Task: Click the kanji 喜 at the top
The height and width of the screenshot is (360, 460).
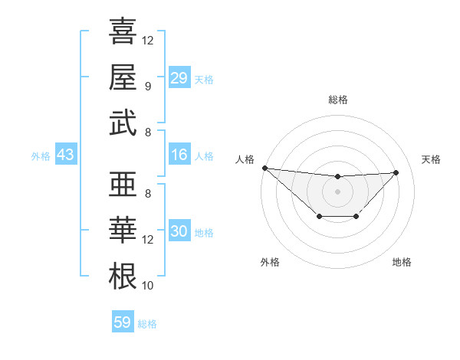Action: coord(123,32)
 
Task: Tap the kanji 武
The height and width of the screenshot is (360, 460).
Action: coord(123,123)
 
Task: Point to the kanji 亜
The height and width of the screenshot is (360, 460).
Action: coord(123,186)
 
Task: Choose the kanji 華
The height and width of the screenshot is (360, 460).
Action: coord(123,231)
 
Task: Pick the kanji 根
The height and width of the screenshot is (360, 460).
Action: coord(123,277)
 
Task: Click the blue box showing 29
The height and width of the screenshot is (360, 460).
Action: coord(179,78)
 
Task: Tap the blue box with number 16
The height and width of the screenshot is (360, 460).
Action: coord(179,155)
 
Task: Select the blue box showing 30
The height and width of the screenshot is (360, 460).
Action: coord(179,231)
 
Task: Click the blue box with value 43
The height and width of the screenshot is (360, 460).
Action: coord(65,155)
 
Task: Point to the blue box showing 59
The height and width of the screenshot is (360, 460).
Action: coord(123,322)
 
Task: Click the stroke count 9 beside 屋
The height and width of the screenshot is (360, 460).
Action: coord(147,86)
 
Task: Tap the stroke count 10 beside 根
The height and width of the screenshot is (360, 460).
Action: coord(148,286)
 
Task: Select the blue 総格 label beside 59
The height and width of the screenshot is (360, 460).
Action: coord(147,324)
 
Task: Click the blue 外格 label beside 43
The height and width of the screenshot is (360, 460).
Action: coord(41,156)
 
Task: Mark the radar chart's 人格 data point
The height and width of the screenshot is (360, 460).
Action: coord(264,167)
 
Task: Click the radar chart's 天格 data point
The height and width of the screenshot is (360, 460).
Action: coord(396,172)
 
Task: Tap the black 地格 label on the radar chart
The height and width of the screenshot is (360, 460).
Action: coord(402,262)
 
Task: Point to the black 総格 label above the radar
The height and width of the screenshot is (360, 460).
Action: coord(337,100)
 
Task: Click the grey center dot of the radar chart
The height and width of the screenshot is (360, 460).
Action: coord(337,191)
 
